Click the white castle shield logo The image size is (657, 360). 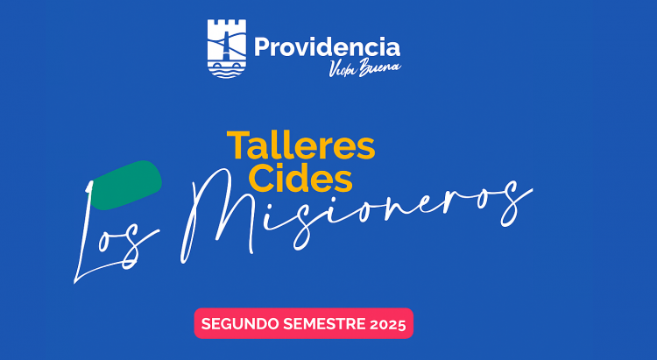click(x=227, y=49)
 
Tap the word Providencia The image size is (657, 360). click(x=328, y=46)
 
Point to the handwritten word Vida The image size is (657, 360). click(x=341, y=68)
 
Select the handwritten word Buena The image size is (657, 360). click(x=379, y=68)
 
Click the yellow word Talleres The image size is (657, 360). click(x=300, y=145)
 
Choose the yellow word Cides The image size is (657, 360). click(x=300, y=178)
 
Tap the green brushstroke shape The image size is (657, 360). click(x=125, y=185)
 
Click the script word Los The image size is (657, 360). click(x=116, y=232)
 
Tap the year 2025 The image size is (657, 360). click(x=388, y=324)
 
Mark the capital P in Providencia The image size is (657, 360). click(x=262, y=47)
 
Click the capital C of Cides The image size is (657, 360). click(x=261, y=178)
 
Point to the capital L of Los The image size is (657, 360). click(x=86, y=232)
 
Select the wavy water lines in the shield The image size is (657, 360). click(x=227, y=73)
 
